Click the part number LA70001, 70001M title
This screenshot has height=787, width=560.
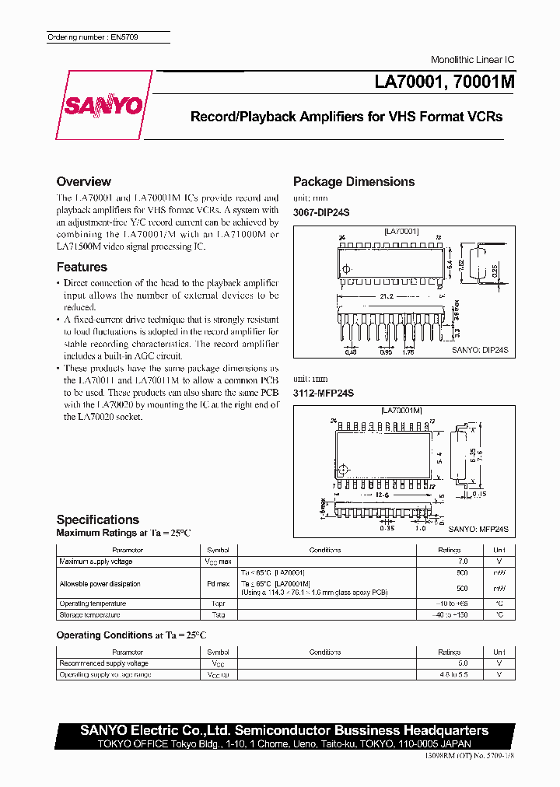point(439,82)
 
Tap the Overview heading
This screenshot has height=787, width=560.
point(84,182)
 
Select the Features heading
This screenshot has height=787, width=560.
point(82,267)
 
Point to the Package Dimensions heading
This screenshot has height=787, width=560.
point(354,182)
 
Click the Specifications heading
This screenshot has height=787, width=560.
point(98,519)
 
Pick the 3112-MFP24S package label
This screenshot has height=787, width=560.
point(323,393)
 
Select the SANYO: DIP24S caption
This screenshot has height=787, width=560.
point(480,351)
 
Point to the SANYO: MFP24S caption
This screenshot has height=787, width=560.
point(478,529)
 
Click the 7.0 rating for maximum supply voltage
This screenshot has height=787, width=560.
point(463,561)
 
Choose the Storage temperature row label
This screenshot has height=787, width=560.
point(87,614)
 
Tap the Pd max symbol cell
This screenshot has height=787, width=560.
point(218,583)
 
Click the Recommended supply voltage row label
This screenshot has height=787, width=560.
point(103,663)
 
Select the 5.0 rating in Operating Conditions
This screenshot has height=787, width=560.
point(463,663)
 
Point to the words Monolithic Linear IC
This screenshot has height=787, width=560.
point(473,60)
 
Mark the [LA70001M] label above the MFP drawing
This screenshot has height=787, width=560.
point(401,410)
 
